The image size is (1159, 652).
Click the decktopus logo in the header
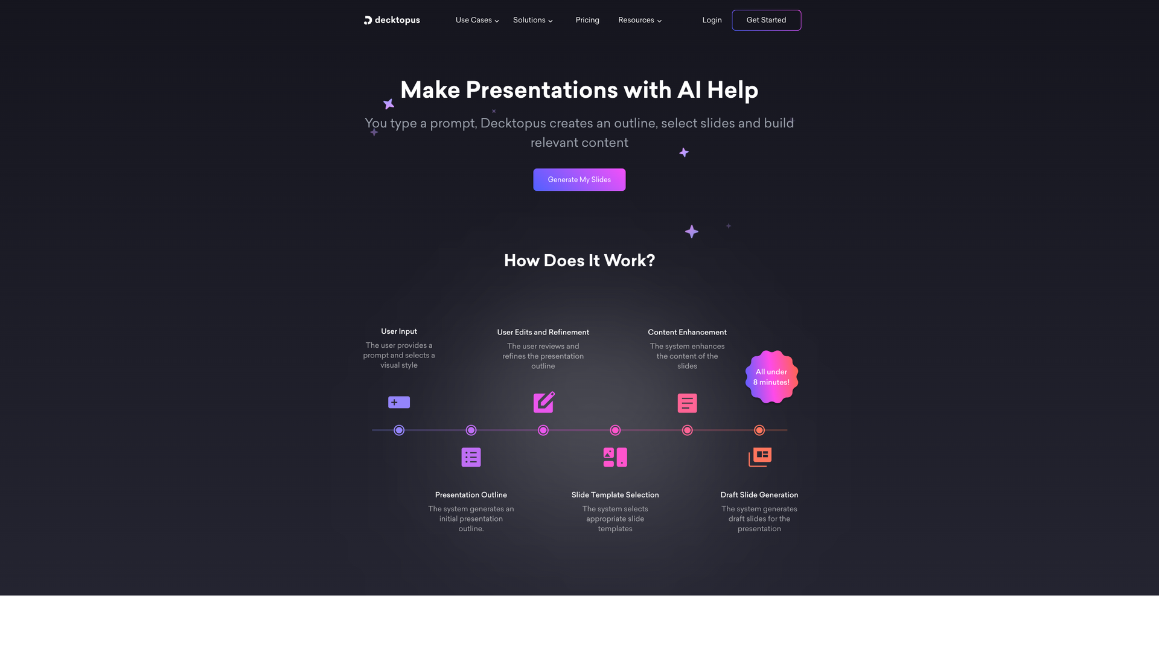392,20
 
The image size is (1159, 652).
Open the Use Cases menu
477,20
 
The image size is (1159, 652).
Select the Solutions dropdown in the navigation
533,20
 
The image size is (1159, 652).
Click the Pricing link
587,20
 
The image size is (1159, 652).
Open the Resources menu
640,20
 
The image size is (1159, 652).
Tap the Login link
712,20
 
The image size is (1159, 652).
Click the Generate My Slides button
579,179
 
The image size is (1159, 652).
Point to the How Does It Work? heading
579,260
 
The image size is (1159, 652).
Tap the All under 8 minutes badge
771,377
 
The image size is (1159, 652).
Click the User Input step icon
399,402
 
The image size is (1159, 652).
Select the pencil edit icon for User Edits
543,402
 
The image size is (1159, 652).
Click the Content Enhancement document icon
687,403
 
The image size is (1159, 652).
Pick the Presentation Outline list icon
471,457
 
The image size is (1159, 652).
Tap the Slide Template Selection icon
615,457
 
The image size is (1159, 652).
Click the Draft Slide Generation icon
759,457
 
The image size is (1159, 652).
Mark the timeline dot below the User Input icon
399,430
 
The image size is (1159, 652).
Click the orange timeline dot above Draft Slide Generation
759,430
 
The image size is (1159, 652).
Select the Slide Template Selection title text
615,495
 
